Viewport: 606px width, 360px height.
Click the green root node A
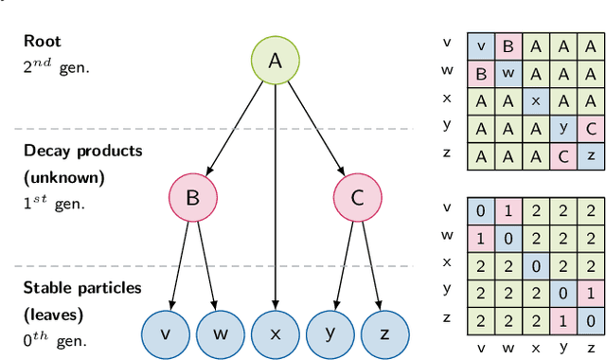[x=276, y=61]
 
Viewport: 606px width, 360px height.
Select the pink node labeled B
[x=192, y=198]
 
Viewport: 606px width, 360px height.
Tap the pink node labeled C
[x=357, y=198]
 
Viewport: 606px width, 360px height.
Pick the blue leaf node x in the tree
[x=276, y=334]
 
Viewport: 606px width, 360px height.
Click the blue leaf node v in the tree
[x=165, y=334]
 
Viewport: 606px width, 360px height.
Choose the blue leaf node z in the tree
[x=384, y=334]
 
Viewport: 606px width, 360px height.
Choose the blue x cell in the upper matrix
[x=536, y=100]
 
